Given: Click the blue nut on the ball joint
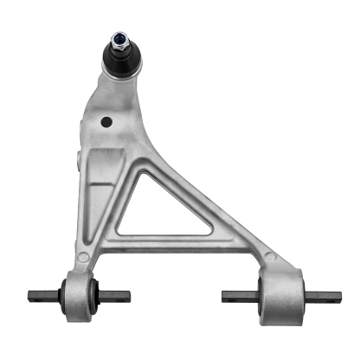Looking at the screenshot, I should point(118,39).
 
